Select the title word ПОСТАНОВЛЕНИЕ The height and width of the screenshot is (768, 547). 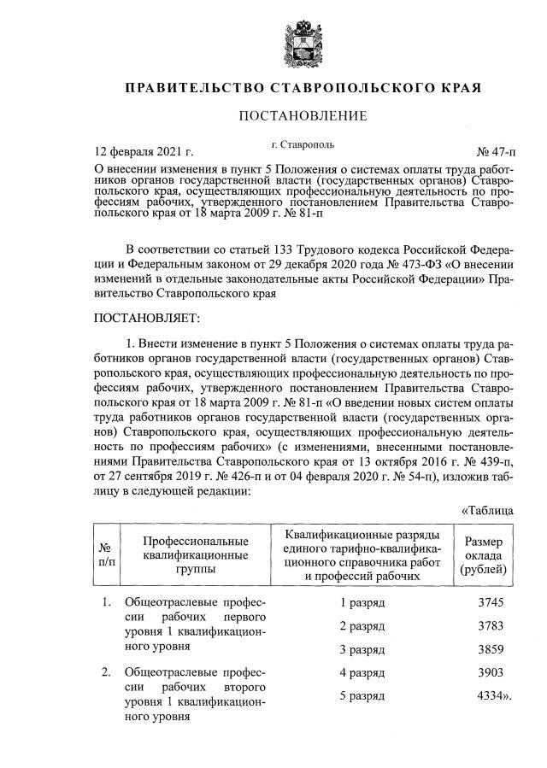click(x=303, y=115)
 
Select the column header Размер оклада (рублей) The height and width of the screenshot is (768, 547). click(x=483, y=557)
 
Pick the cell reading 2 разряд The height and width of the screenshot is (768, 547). click(x=363, y=626)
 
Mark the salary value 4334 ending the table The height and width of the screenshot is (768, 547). click(x=485, y=695)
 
